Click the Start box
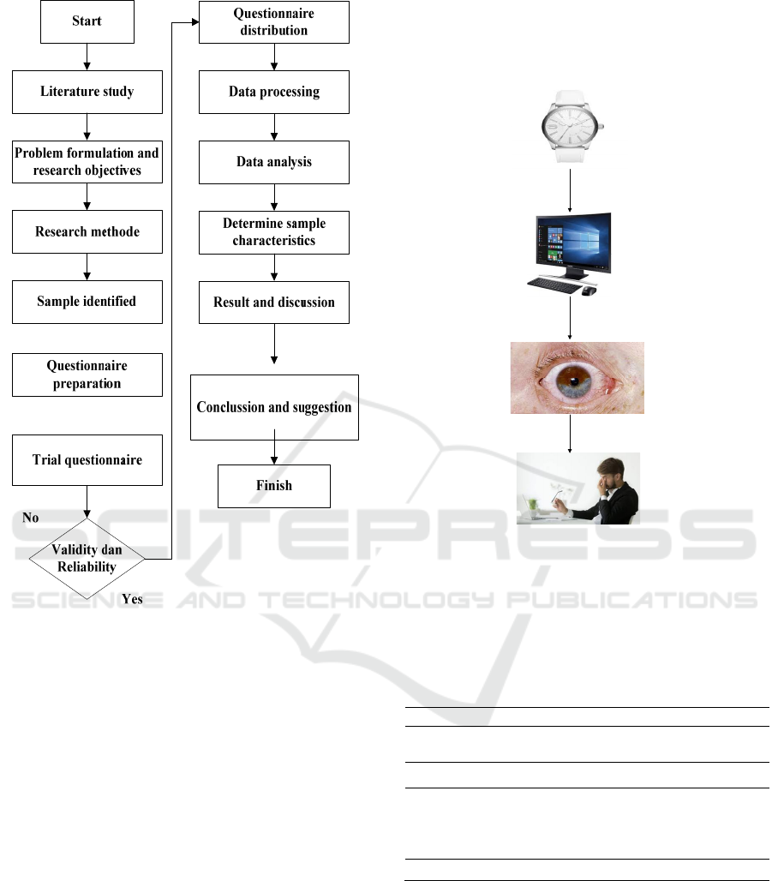coord(87,21)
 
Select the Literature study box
coord(87,91)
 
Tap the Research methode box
coord(87,231)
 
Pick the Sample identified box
coord(87,302)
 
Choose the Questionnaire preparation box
coord(87,375)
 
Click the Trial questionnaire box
coord(87,459)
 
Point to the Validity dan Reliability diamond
coord(87,557)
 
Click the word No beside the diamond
coord(31,518)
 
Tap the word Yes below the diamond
coord(132,599)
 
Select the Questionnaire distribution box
coord(274,21)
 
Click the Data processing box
coord(274,92)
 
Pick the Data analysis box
coord(274,161)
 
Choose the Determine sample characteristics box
coord(274,231)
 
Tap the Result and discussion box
coord(274,302)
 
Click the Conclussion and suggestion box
coord(274,407)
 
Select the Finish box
coord(274,486)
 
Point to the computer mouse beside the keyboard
coord(589,291)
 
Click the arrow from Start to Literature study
coord(87,57)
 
